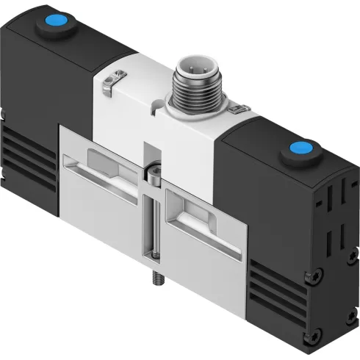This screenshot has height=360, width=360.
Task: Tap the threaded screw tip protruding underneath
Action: [x=158, y=281]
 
